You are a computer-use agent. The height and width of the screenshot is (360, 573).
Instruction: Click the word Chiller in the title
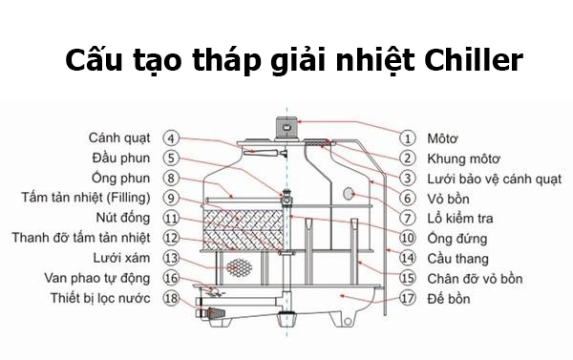[469, 59]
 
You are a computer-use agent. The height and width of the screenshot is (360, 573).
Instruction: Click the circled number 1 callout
[408, 138]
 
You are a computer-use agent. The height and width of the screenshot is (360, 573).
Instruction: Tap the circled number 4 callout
[171, 138]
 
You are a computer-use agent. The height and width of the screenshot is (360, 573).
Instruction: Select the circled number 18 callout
[171, 299]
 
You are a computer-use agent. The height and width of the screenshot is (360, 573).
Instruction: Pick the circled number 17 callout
[408, 299]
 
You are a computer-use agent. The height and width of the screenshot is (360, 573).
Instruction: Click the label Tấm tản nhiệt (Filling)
[82, 198]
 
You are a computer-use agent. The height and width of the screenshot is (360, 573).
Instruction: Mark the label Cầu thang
[459, 258]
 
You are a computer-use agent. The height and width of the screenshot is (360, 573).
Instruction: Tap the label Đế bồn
[451, 299]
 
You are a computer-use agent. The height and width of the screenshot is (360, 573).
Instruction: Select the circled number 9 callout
[171, 198]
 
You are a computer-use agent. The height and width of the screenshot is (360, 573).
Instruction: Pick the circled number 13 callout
[171, 258]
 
